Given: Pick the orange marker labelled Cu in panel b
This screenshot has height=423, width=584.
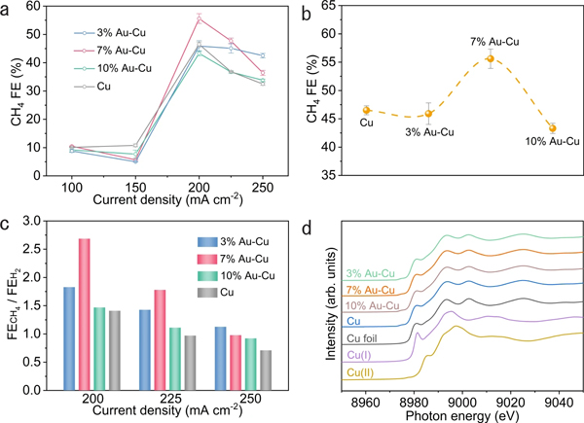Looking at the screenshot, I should [x=366, y=110].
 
